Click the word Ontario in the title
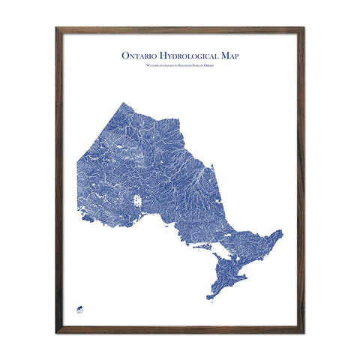tap(139, 55)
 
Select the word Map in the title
tap(229, 55)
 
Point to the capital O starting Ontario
tap(124, 55)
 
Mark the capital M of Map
tap(223, 55)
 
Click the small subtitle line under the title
tap(180, 67)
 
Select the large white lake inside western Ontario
tap(138, 201)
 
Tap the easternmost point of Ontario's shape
tap(283, 232)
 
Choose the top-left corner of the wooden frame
tap(57, 28)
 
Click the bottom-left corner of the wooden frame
tap(57, 331)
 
